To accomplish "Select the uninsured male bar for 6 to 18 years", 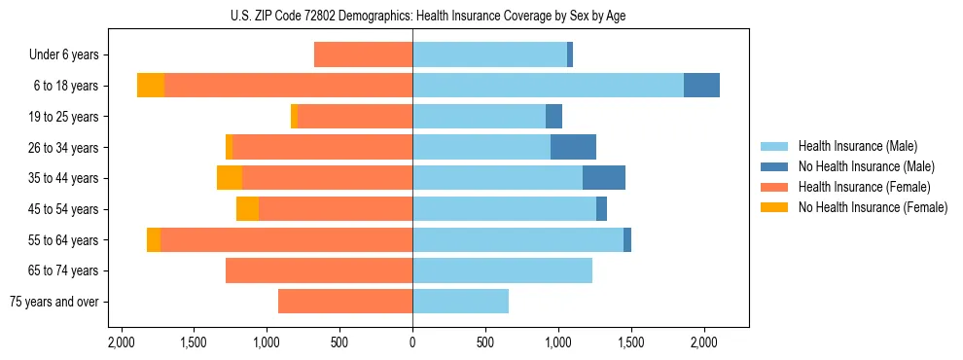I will pyautogui.click(x=701, y=86).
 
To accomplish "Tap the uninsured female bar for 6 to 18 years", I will pyautogui.click(x=151, y=86).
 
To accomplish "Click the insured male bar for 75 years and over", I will pyautogui.click(x=460, y=302).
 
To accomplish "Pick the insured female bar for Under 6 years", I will pyautogui.click(x=363, y=54).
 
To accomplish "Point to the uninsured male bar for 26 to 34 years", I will pyautogui.click(x=573, y=147).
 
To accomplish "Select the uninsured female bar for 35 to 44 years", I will pyautogui.click(x=230, y=178).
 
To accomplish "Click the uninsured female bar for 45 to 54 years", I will pyautogui.click(x=247, y=209).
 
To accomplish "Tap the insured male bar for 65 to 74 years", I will pyautogui.click(x=502, y=270).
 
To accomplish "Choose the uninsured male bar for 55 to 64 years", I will pyautogui.click(x=627, y=239).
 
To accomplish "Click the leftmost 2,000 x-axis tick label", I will pyautogui.click(x=121, y=342).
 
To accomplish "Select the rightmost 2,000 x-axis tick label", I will pyautogui.click(x=704, y=342).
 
